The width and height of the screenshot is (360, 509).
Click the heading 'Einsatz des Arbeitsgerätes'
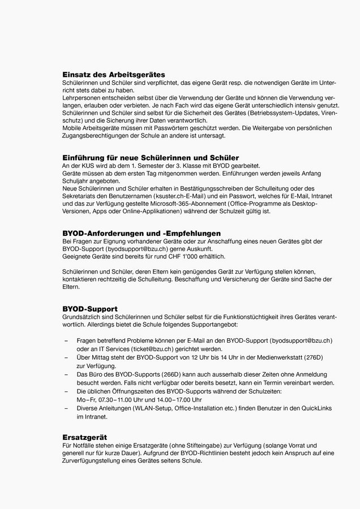click(x=113, y=74)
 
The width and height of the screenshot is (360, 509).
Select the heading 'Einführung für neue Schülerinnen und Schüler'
click(x=150, y=157)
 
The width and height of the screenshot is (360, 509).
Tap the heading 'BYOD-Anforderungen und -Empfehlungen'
click(x=141, y=233)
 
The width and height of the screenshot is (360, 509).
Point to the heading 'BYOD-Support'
click(x=89, y=309)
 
